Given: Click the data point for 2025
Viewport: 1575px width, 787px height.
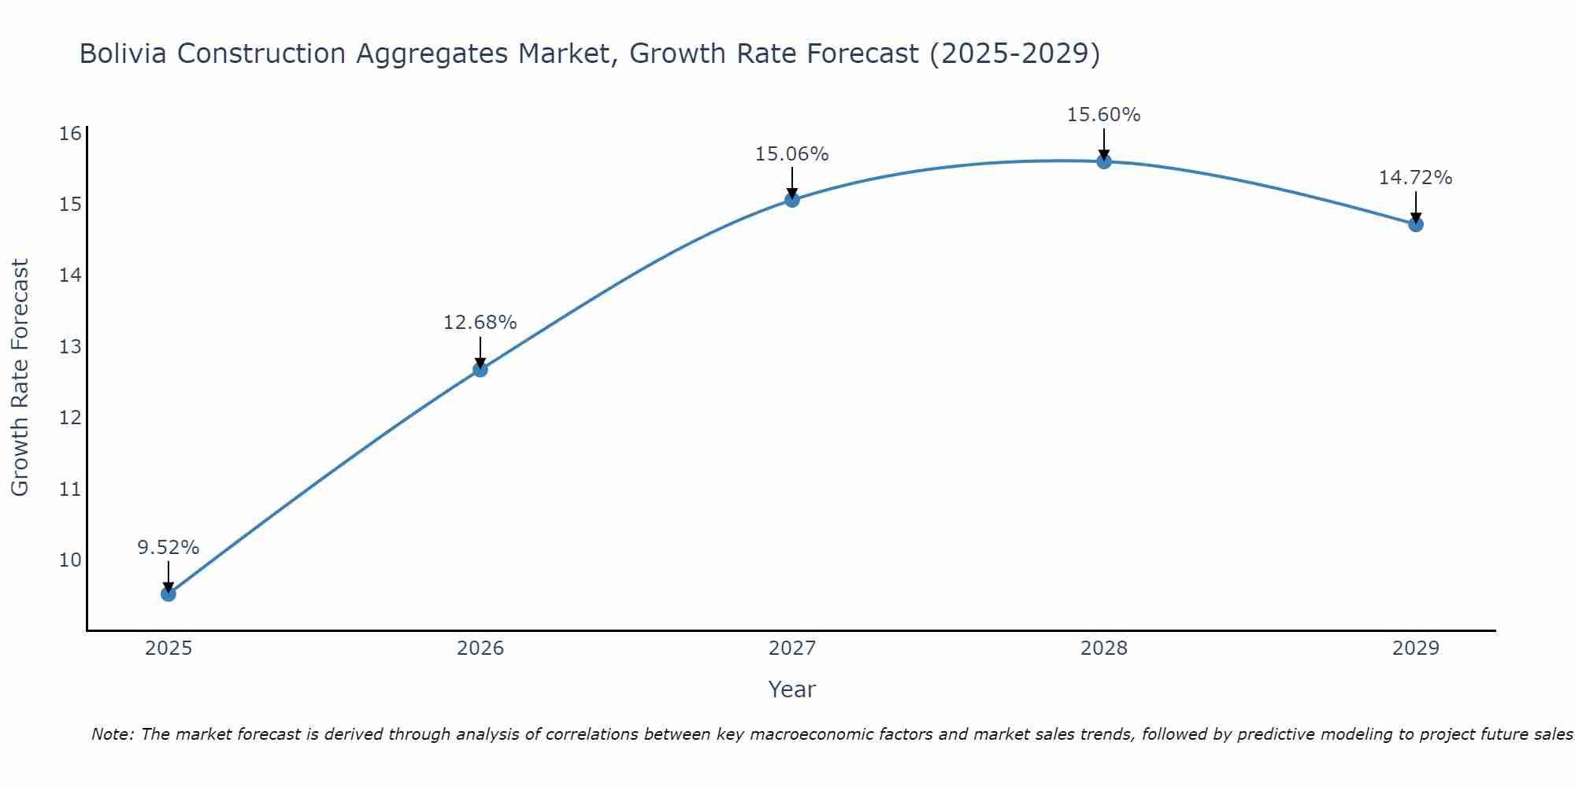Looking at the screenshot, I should [169, 593].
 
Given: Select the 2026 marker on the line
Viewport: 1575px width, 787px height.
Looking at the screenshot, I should [480, 369].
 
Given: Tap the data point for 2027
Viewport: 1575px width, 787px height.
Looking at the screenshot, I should [792, 200].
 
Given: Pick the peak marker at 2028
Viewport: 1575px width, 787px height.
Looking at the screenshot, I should [1104, 161].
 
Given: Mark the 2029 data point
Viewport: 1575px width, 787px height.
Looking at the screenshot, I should [1416, 224].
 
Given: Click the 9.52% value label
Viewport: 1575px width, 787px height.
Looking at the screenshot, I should [169, 548].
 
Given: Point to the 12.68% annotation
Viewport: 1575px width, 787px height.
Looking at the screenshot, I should [480, 323].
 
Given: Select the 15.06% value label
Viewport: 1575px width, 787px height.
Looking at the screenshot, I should [792, 154].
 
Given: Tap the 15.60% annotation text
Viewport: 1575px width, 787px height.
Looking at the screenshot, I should [1104, 115].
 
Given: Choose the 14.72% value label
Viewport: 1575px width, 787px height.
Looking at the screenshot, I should [1416, 178].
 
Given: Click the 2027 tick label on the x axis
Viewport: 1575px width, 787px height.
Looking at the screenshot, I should [792, 648].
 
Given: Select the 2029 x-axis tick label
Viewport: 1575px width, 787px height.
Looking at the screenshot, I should [1416, 648].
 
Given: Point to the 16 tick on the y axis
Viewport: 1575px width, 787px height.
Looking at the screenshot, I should [71, 133].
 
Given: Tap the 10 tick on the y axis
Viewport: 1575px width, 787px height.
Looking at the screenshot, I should [71, 560].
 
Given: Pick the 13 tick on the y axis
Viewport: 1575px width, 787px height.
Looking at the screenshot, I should [71, 347].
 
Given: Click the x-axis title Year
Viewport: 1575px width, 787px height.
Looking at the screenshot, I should [792, 689].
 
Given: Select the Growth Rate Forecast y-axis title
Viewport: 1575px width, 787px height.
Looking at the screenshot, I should [20, 378].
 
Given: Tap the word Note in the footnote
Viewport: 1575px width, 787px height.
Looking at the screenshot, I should [112, 735].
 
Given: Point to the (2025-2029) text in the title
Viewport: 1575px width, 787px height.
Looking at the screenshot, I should [1014, 54].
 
